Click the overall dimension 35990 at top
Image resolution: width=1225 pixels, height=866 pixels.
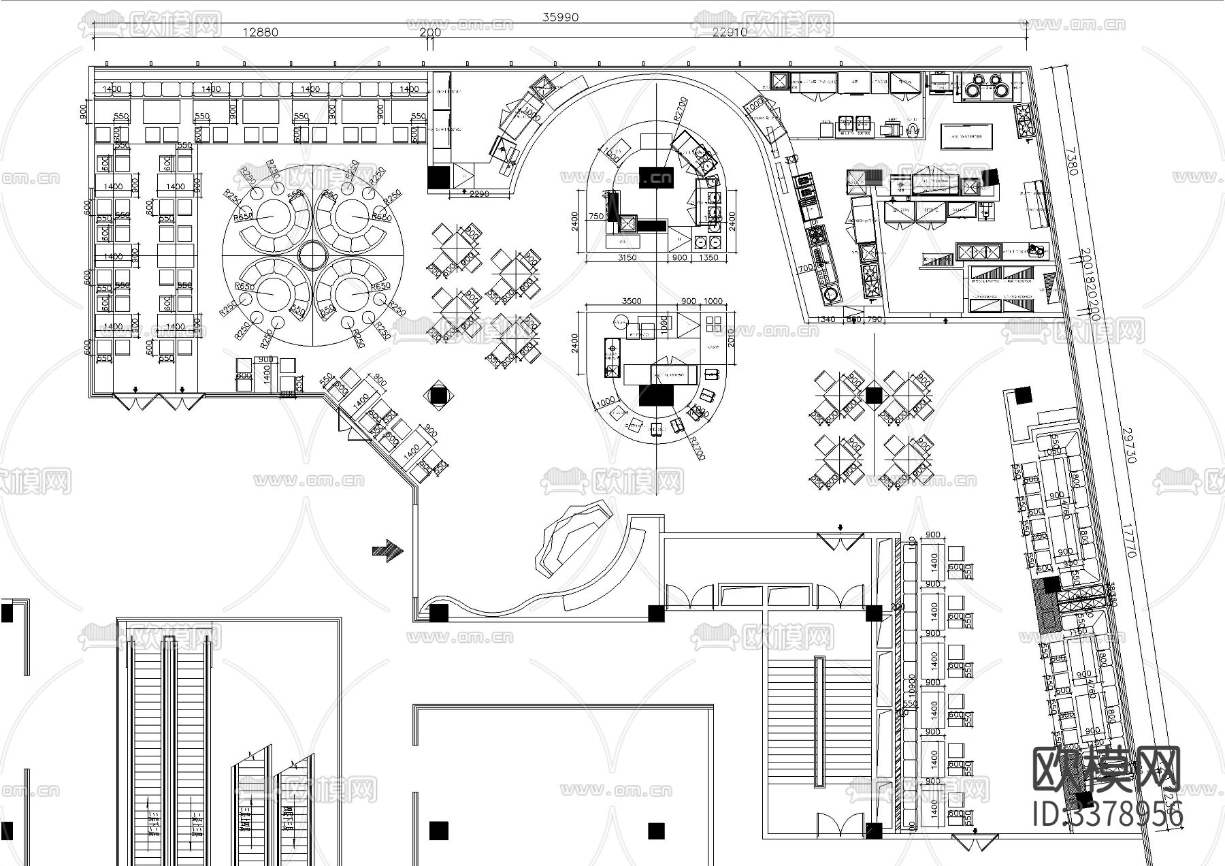[559, 18]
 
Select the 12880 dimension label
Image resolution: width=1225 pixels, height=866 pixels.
[261, 32]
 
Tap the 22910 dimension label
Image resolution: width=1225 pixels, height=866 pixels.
[730, 32]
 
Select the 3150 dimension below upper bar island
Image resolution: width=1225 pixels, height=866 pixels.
[626, 258]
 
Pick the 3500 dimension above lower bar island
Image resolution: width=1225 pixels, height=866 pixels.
[632, 301]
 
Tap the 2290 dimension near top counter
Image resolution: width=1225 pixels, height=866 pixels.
[479, 194]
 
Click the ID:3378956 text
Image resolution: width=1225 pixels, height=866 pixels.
[1108, 814]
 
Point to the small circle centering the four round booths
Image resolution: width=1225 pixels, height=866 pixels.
[312, 255]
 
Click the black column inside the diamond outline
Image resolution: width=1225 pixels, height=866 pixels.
[438, 395]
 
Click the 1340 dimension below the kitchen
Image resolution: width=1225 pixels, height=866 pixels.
[825, 319]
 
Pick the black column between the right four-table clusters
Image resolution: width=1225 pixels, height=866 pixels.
[874, 395]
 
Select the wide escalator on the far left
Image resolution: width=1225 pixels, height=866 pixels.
[167, 749]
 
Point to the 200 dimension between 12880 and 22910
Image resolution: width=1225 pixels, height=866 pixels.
[430, 32]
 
